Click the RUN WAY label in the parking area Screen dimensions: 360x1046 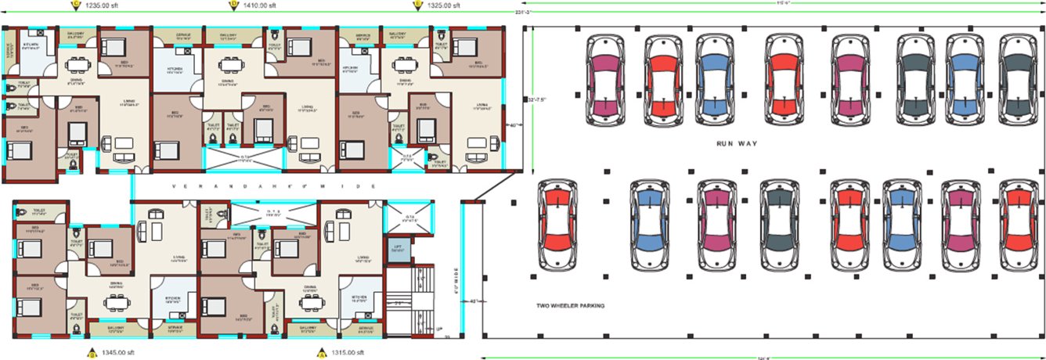[735, 145]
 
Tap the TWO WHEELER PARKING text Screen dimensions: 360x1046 [570, 305]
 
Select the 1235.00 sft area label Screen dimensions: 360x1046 [103, 5]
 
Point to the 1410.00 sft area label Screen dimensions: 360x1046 [262, 5]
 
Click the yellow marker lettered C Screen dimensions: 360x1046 [75, 5]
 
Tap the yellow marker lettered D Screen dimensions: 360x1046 [233, 5]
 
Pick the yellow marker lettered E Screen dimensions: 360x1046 [417, 5]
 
